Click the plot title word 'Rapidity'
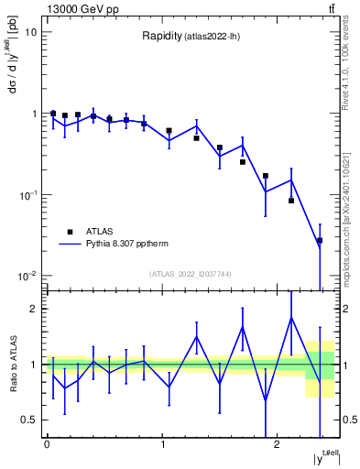point(161,37)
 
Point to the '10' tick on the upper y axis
point(31,32)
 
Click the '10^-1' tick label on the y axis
point(27,194)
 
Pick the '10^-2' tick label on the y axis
point(27,276)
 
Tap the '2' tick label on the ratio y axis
point(34,309)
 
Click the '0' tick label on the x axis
point(47,443)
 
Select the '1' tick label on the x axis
point(162,443)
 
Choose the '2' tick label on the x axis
point(278,443)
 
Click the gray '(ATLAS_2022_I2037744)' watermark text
point(191,274)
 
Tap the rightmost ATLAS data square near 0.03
point(319,241)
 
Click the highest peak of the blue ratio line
point(291,318)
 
